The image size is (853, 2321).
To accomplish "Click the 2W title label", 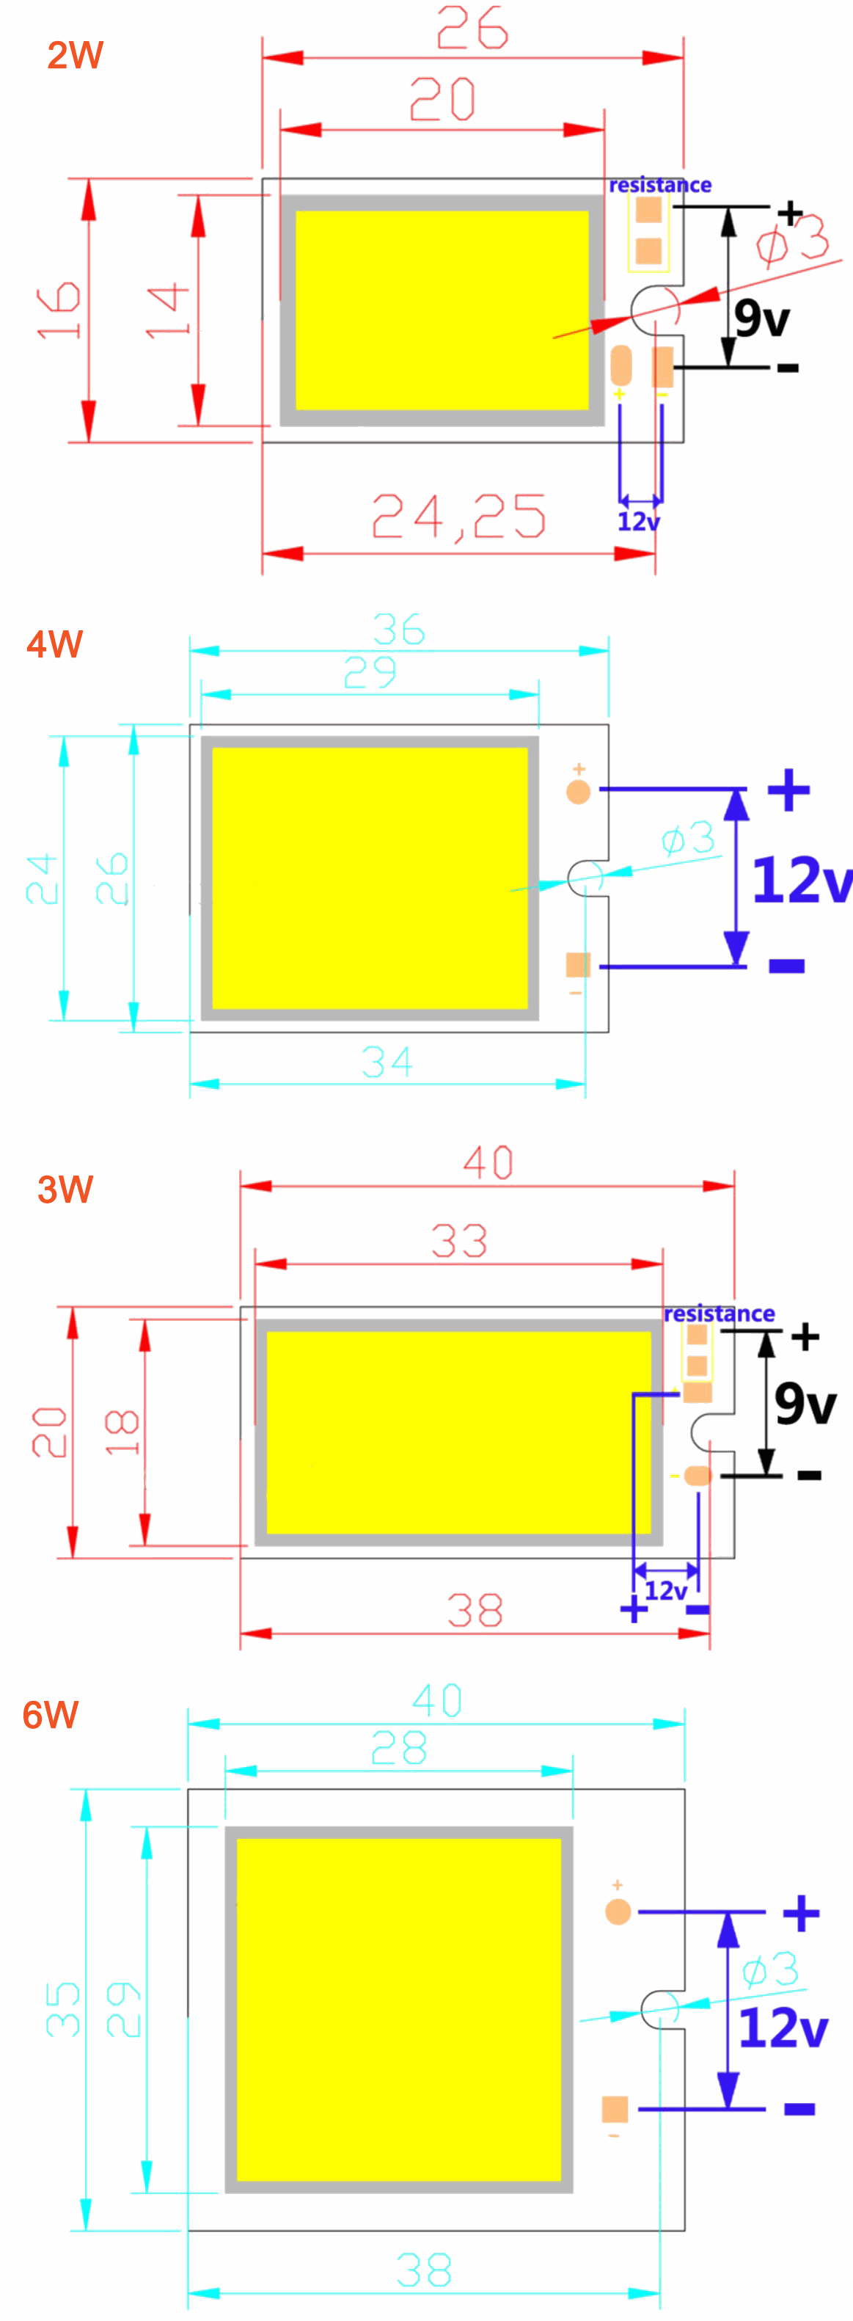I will coord(75,56).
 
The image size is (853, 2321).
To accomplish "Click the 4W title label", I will coord(55,645).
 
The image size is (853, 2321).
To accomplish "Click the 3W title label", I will coord(65,1189).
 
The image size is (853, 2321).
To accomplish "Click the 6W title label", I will coord(51,1716).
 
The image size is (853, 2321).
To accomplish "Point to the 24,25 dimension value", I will coord(458,517).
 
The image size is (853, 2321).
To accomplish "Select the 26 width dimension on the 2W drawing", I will coord(472,28).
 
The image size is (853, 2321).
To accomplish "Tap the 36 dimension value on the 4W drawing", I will coord(399,629).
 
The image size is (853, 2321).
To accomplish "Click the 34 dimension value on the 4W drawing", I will coord(387,1063).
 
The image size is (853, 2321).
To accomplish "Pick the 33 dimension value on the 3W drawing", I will coord(459,1242).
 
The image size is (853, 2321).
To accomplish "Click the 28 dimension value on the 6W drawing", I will coord(399,1749).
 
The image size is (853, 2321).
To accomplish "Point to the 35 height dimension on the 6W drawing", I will coord(63,2009).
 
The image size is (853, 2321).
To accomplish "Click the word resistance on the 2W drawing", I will coord(659,186).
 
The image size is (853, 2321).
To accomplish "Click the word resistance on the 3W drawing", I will coord(719,1313).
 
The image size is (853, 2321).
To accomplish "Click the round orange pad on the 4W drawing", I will coord(578,792).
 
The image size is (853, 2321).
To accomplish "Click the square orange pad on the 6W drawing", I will coord(615,2109).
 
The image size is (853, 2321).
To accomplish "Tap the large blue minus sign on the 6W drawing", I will coord(799,2109).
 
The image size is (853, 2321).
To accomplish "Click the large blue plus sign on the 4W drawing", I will coord(789,790).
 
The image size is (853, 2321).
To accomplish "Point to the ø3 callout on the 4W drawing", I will coord(688,839).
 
